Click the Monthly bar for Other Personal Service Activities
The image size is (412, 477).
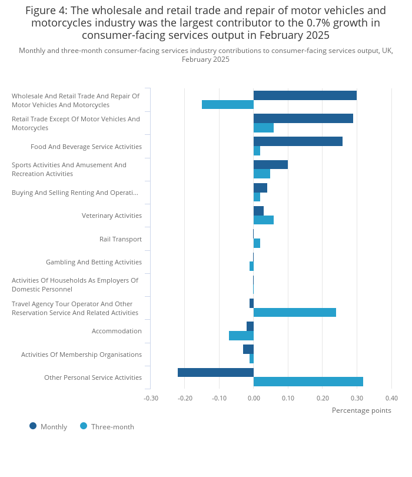tap(215, 372)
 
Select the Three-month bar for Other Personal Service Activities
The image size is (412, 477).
tap(308, 382)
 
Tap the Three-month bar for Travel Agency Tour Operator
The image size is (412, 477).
tap(295, 313)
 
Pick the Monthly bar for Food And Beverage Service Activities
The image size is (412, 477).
tap(298, 141)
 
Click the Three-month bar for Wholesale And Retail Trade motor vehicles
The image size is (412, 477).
tap(228, 104)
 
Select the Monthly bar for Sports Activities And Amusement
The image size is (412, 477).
tap(271, 164)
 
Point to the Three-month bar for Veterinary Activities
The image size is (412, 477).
tap(264, 220)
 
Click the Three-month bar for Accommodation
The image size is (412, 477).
tap(241, 336)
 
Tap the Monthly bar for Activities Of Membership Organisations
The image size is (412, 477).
tap(248, 349)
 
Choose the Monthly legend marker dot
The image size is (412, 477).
tap(33, 426)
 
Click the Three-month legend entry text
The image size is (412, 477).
tap(112, 427)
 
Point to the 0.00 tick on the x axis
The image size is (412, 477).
tap(254, 398)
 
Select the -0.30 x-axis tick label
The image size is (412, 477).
tap(151, 398)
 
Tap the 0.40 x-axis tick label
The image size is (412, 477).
tap(391, 398)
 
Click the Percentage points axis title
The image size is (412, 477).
tap(361, 410)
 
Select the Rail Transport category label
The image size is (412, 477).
tap(121, 240)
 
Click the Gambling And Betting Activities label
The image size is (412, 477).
tap(94, 262)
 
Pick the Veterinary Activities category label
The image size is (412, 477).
tap(112, 216)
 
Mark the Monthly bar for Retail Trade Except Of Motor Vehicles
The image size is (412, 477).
tap(303, 118)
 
